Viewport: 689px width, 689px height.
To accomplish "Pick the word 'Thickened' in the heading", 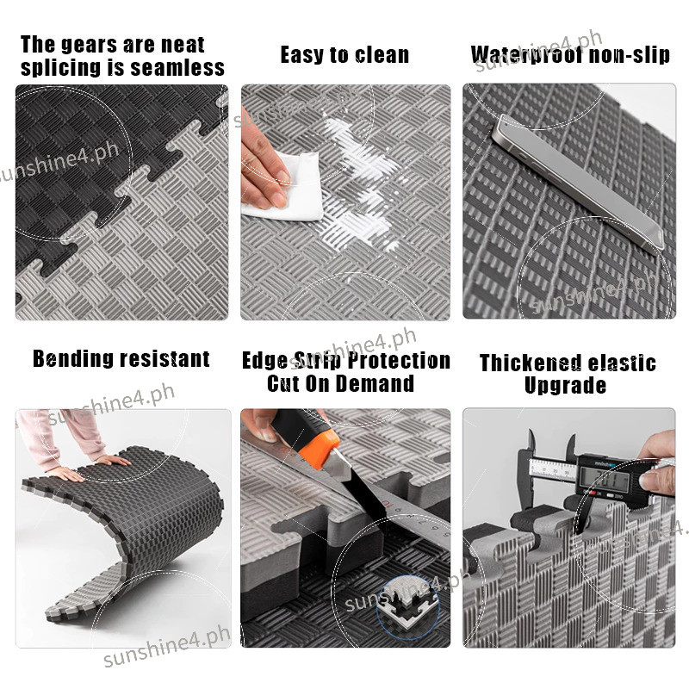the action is pyautogui.click(x=531, y=363).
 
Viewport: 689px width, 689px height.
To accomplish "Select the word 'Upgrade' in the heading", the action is pyautogui.click(x=566, y=386).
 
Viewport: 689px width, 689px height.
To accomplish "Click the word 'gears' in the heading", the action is pyautogui.click(x=90, y=46).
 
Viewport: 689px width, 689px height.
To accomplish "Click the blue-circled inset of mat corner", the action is pyautogui.click(x=407, y=606).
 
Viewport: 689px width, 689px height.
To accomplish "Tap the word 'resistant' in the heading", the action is pyautogui.click(x=165, y=359).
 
